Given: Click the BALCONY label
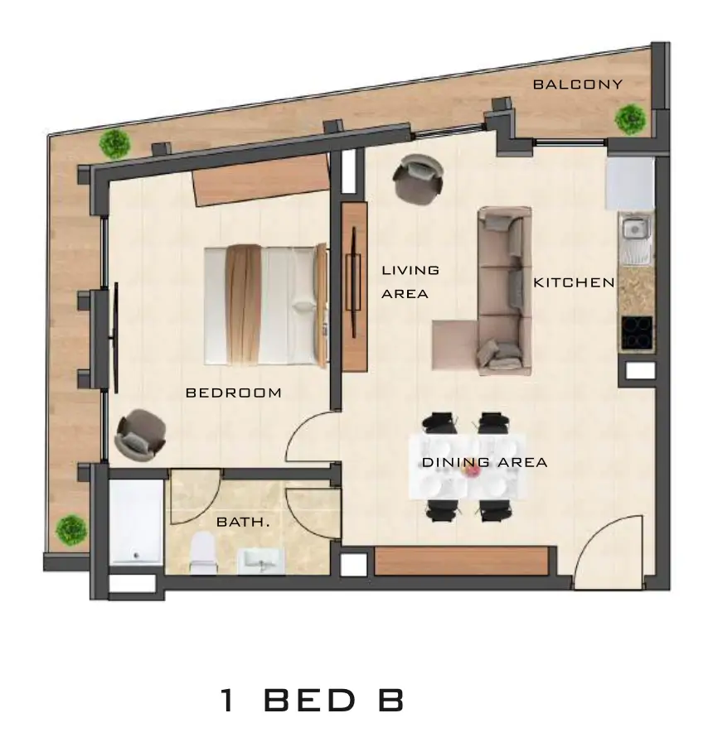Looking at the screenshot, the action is tap(578, 84).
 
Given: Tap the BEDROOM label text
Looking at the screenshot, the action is tap(233, 393).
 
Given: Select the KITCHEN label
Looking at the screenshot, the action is tap(574, 282).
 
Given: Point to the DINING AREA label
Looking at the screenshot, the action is tap(484, 462).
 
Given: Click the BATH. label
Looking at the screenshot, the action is tap(243, 522).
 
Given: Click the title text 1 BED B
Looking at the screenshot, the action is tap(313, 701).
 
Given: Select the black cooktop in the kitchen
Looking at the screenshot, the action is tap(637, 333).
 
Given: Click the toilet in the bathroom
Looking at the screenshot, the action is tap(202, 552).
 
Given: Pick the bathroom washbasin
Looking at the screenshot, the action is tap(260, 561).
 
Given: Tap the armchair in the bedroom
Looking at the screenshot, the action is tap(140, 434).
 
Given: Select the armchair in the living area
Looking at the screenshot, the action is tap(417, 180).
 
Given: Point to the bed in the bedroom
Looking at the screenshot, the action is tap(265, 305).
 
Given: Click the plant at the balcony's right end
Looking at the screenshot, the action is tap(630, 119).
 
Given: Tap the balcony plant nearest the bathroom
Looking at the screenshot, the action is tap(71, 530).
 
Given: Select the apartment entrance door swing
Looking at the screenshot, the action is tap(607, 552).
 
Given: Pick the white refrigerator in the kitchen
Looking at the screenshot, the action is tap(630, 184).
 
